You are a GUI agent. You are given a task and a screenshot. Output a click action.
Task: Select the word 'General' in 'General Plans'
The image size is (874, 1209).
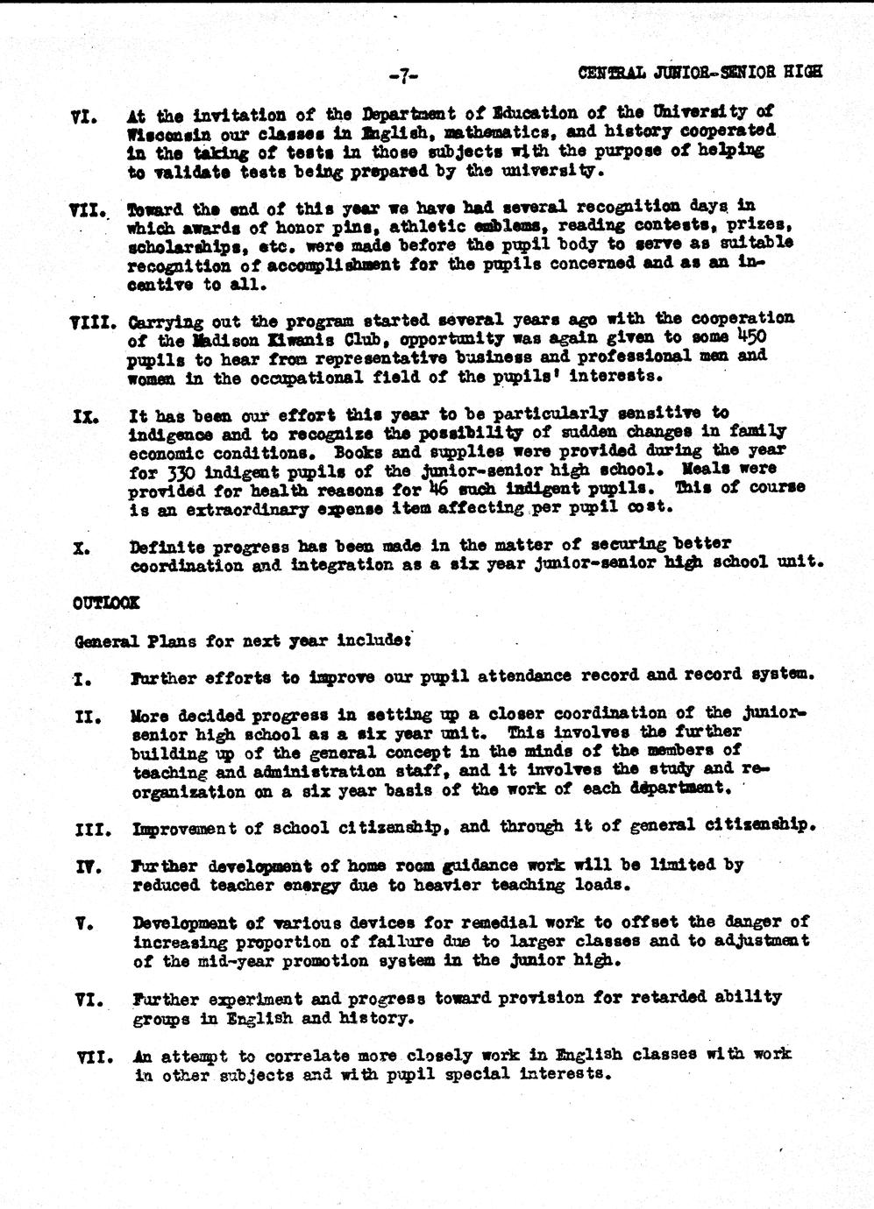click(103, 640)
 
